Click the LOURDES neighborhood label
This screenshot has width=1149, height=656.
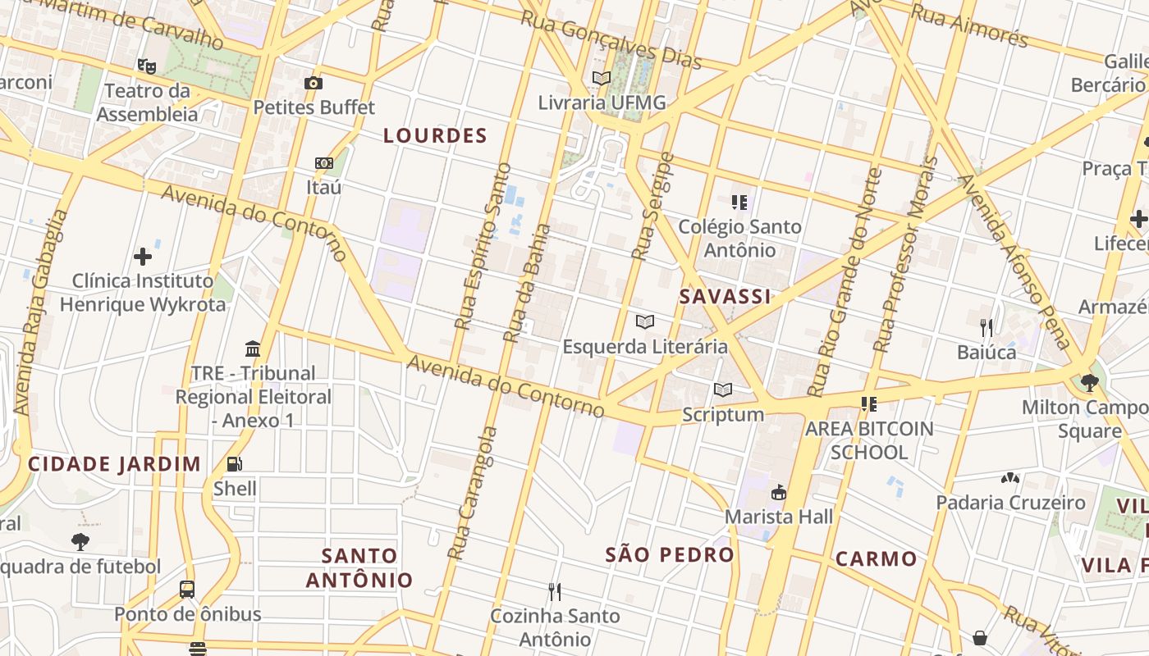click(x=435, y=136)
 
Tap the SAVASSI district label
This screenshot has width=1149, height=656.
click(x=725, y=297)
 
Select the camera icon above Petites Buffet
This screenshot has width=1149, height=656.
click(x=314, y=83)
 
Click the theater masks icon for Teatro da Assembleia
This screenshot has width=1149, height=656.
click(x=147, y=66)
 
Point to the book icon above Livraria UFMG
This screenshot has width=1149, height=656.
click(x=602, y=79)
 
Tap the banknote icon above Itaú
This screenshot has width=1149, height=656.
click(x=324, y=163)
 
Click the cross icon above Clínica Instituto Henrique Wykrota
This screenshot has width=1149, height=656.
click(x=143, y=257)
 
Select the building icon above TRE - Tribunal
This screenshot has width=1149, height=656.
click(x=253, y=349)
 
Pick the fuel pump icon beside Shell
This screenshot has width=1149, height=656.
click(x=235, y=465)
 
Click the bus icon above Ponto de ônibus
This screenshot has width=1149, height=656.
click(x=187, y=589)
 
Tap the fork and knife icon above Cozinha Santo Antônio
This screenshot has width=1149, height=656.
click(x=555, y=591)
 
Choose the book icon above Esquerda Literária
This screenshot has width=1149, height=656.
click(x=645, y=322)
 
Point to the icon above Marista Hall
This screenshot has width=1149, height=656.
click(x=778, y=493)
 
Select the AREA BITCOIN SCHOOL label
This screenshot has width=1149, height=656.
click(x=869, y=440)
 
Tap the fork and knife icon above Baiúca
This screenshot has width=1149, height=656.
click(x=986, y=328)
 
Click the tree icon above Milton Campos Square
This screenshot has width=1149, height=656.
click(x=1090, y=382)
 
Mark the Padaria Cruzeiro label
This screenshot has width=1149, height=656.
click(x=1010, y=503)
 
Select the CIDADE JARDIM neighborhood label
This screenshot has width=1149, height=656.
click(x=114, y=464)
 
